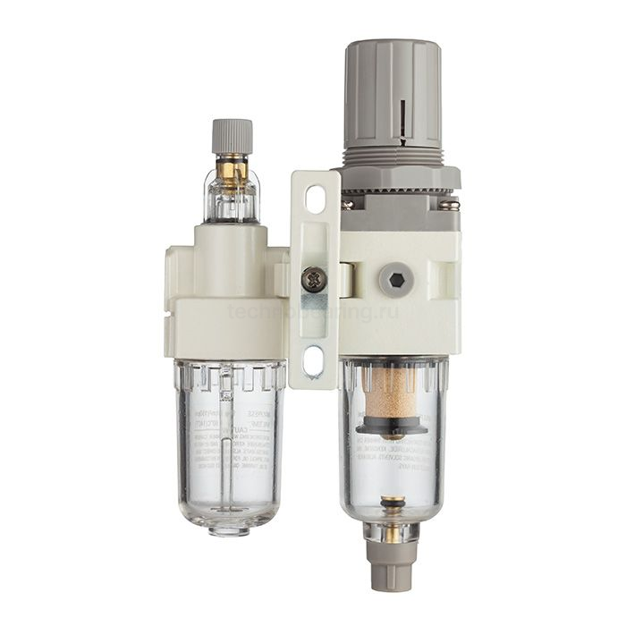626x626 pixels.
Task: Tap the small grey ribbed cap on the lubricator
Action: pyautogui.click(x=232, y=136)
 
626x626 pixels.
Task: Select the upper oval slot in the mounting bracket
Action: pyautogui.click(x=315, y=198)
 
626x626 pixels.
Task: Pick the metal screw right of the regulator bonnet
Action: pyautogui.click(x=451, y=207)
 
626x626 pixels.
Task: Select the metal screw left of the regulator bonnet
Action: pyautogui.click(x=347, y=204)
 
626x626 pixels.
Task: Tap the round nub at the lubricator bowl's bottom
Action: pyautogui.click(x=229, y=529)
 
